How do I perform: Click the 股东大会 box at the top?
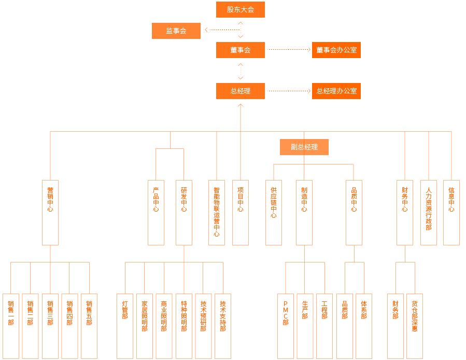pos(241,9)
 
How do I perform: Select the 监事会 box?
pos(176,31)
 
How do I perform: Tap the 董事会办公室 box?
pos(336,50)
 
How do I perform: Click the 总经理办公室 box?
pos(336,91)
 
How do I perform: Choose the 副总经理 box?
pos(304,147)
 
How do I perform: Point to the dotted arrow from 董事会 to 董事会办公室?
pos(288,50)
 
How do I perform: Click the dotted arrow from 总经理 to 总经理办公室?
pos(288,91)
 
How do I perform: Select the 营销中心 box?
pos(50,212)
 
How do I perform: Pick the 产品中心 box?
pos(156,212)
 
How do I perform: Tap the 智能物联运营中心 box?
pos(217,212)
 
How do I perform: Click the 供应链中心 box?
pos(274,212)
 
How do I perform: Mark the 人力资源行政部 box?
pos(429,212)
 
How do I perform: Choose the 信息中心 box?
pos(451,212)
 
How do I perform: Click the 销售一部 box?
pos(11,326)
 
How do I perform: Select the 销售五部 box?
pos(89,326)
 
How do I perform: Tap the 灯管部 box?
pos(125,326)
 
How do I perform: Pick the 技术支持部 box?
pos(223,326)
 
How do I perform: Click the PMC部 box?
pos(286,326)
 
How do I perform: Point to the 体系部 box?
pos(364,326)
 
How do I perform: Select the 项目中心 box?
pos(241,212)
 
